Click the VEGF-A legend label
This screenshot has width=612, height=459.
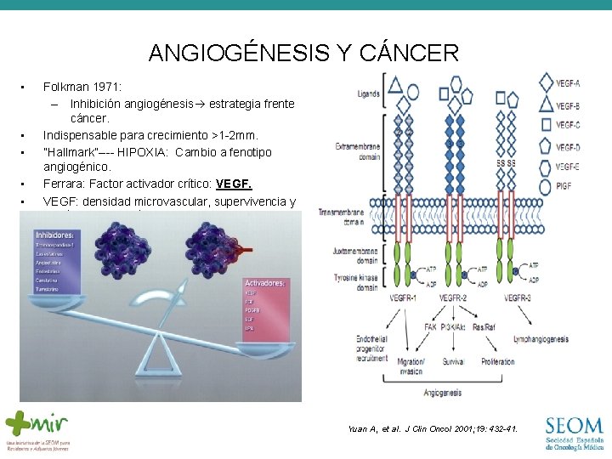569,83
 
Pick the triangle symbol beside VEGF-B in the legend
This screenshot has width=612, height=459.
544,105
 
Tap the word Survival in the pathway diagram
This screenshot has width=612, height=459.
453,361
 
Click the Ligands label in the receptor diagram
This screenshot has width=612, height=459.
369,94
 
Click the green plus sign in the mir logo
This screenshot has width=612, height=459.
18,422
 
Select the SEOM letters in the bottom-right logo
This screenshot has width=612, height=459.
574,425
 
